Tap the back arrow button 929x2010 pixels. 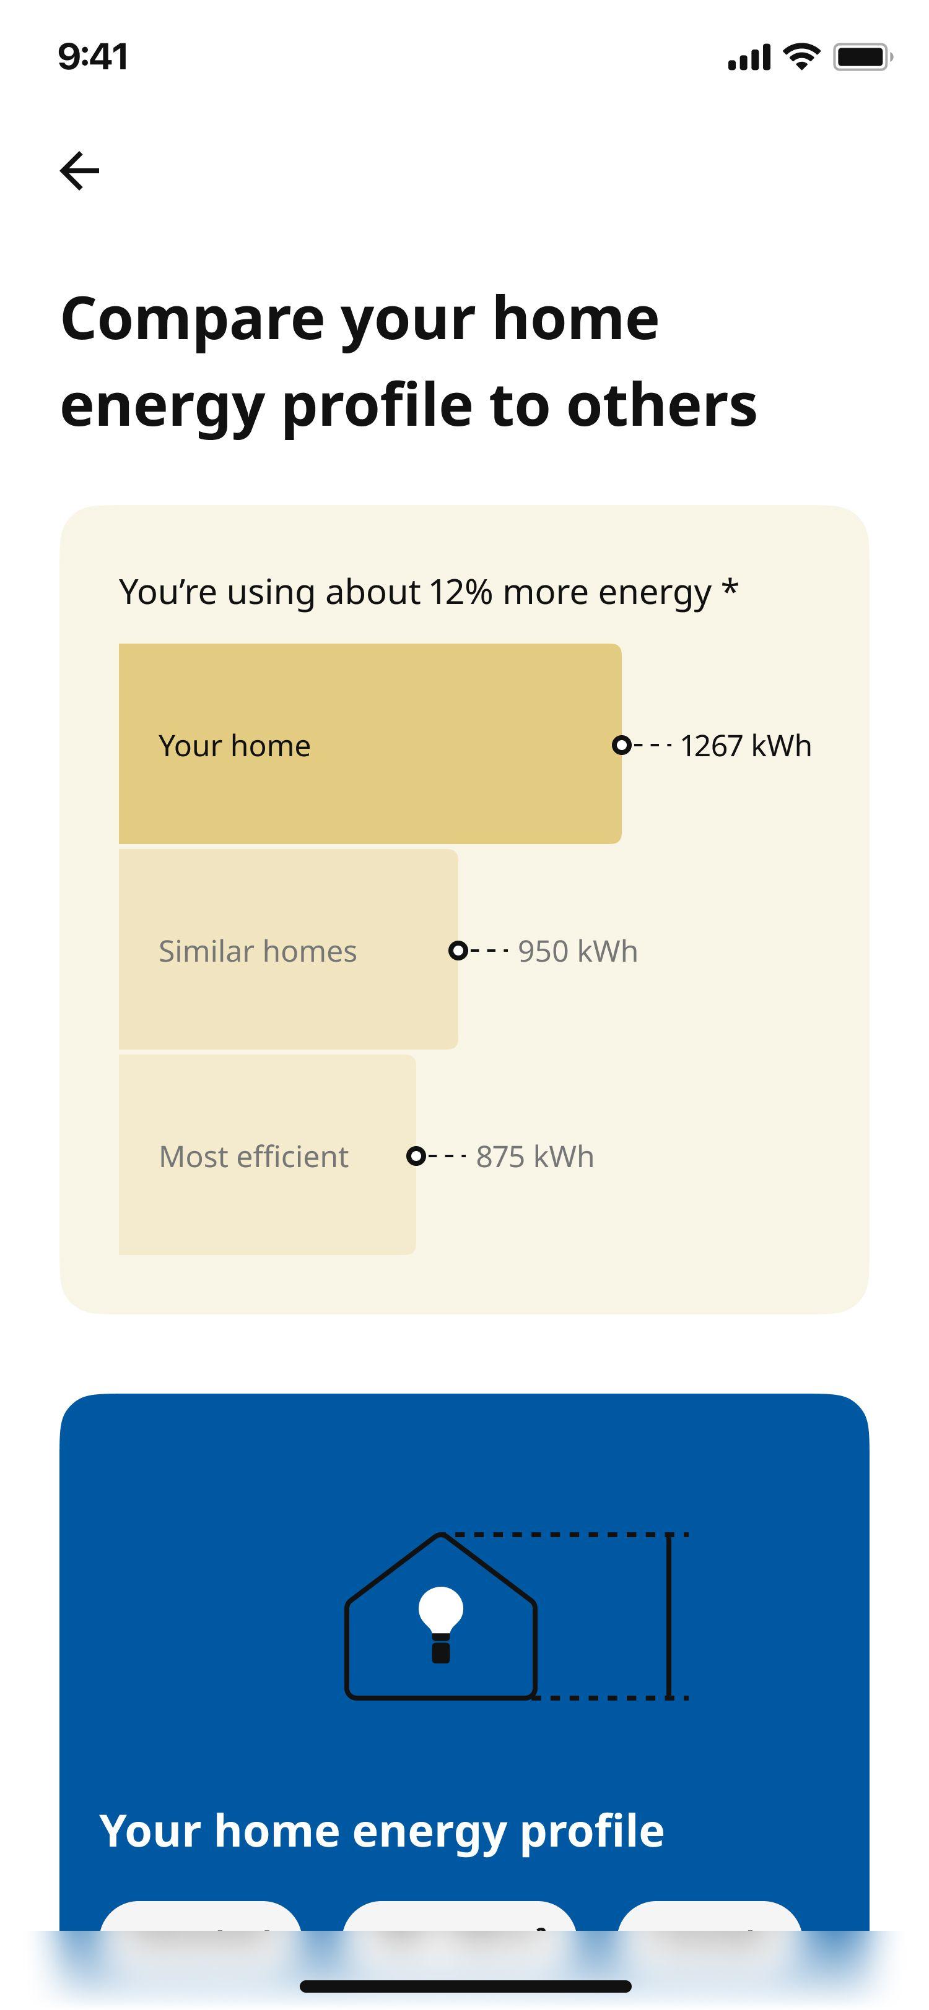point(80,171)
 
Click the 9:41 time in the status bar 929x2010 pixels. point(93,57)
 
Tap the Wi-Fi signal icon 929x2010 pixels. point(801,56)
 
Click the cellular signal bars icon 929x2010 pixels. point(749,58)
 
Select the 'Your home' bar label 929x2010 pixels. point(234,746)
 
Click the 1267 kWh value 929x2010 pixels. point(746,746)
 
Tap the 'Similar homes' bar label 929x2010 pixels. point(258,951)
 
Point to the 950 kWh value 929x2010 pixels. point(578,951)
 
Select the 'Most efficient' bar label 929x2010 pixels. point(254,1157)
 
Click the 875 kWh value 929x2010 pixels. point(534,1157)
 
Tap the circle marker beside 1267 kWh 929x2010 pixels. point(621,745)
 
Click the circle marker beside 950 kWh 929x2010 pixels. point(458,951)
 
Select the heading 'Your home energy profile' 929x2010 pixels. point(381,1831)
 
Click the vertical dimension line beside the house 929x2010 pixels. point(669,1616)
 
